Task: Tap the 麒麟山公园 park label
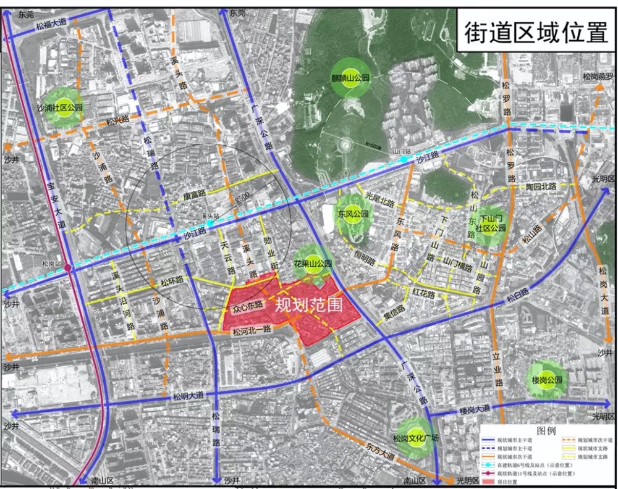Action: [350, 78]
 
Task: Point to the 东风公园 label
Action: [353, 214]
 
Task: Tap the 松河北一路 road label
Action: [253, 332]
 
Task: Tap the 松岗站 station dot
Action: [68, 267]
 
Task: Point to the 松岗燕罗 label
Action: [598, 77]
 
